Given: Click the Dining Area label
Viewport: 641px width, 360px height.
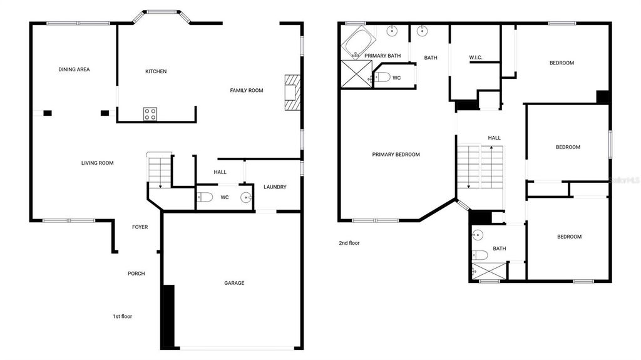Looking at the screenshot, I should [74, 69].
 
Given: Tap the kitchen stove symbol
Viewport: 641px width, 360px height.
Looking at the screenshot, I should [151, 113].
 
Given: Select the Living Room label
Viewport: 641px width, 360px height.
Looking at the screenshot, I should [97, 163].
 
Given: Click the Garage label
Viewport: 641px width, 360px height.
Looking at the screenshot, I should [234, 283].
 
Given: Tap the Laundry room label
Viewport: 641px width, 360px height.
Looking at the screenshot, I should [275, 187].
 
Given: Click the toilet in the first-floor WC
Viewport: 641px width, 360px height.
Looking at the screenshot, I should [205, 198].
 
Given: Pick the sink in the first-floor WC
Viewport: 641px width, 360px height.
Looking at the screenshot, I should [246, 198].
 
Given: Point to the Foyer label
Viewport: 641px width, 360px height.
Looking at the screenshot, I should [140, 227].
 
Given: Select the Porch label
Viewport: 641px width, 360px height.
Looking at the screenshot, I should [136, 274].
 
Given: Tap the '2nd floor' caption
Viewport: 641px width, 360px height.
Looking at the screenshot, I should [349, 243].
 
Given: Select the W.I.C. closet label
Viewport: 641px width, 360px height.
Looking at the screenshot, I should [475, 58].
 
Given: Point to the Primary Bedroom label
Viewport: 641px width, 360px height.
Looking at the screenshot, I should [396, 155].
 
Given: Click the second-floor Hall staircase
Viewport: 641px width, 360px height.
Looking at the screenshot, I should [479, 167].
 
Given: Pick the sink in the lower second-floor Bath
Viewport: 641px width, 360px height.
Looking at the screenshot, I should [478, 235].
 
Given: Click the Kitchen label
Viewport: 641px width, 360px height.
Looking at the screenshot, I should [156, 71].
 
